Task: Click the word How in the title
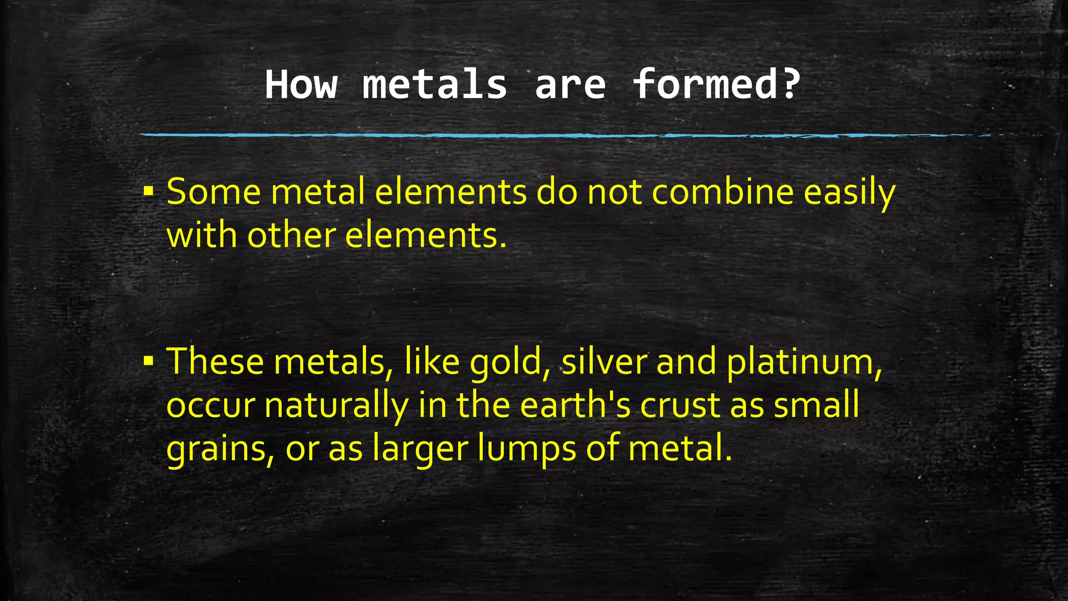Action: (x=301, y=85)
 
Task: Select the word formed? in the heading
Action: (x=716, y=85)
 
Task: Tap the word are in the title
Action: (x=570, y=85)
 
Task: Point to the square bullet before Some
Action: (x=149, y=191)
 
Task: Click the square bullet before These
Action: (x=149, y=360)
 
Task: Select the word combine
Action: (x=723, y=192)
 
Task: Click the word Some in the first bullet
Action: (x=214, y=192)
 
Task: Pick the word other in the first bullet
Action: (x=291, y=235)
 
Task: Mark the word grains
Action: (x=220, y=449)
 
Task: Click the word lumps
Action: (x=526, y=449)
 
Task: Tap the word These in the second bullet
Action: (x=215, y=361)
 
